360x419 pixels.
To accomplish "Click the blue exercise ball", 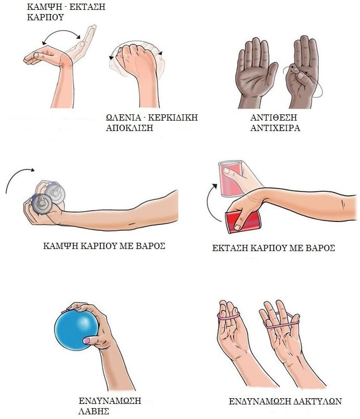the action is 77,330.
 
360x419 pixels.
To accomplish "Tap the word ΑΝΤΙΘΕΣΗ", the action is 273,117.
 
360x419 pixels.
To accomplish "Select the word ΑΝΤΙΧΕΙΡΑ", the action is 275,128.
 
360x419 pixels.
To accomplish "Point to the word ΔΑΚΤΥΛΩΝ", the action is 317,401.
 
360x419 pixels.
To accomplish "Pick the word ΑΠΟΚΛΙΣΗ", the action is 129,128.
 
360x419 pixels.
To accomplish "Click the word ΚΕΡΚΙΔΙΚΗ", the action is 173,117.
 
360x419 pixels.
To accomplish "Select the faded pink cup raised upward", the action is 231,178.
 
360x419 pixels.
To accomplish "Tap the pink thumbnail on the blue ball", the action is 87,341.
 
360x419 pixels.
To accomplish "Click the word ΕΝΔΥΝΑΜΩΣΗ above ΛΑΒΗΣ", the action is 110,401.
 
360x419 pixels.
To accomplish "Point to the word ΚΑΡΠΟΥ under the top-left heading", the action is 45,17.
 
